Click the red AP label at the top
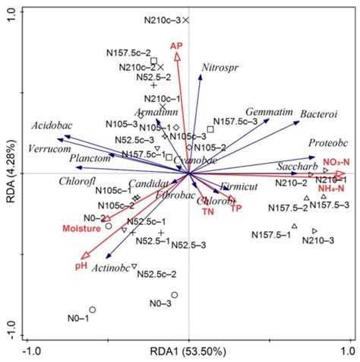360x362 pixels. (177, 46)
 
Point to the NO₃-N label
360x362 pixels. (335, 161)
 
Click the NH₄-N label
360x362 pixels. (333, 188)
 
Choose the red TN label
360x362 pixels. (208, 211)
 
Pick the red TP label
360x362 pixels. (236, 208)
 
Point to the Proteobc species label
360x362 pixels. (328, 142)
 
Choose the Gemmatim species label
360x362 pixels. (269, 111)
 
